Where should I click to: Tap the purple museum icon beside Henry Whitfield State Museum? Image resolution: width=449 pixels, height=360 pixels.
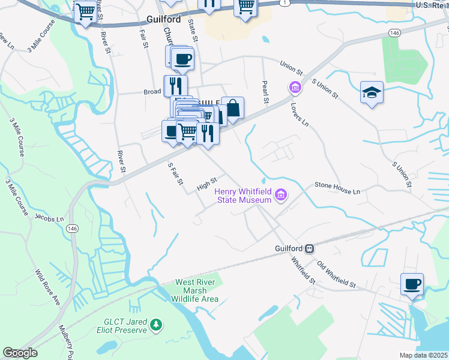tap(280, 194)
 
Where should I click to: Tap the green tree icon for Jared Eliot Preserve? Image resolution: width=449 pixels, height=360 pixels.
tap(156, 325)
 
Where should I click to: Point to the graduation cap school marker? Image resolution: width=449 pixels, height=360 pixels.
tap(372, 93)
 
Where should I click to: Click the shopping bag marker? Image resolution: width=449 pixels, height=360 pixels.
tap(232, 109)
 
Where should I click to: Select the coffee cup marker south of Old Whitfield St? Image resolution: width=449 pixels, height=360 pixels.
tap(412, 284)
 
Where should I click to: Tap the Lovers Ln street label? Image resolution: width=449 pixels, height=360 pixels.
tap(303, 114)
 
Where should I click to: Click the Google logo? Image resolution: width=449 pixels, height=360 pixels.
tap(20, 353)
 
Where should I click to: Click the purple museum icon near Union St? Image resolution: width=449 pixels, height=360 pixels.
tap(295, 88)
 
